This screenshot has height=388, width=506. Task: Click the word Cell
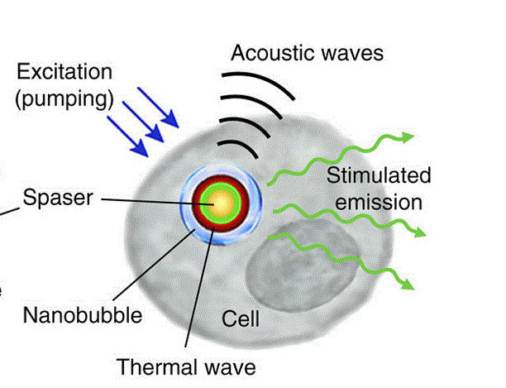pyautogui.click(x=241, y=319)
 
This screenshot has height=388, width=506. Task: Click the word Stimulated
pyautogui.click(x=379, y=175)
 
